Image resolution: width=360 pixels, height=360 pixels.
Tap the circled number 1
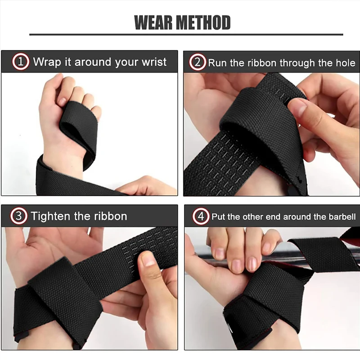[x=21, y=62]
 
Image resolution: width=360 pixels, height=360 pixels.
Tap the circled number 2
[x=197, y=62]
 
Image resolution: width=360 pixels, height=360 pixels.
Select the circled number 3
[x=18, y=216]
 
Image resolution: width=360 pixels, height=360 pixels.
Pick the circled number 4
[x=201, y=216]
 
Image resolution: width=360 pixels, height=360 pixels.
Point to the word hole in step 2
[x=345, y=63]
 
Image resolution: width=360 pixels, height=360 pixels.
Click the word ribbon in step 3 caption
[x=108, y=216]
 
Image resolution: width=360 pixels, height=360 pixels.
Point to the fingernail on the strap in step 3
[x=148, y=259]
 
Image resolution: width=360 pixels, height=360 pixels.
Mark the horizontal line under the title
[x=186, y=34]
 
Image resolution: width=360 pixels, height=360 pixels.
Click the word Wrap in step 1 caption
[x=47, y=62]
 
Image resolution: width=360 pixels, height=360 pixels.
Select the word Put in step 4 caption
[x=219, y=216]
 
